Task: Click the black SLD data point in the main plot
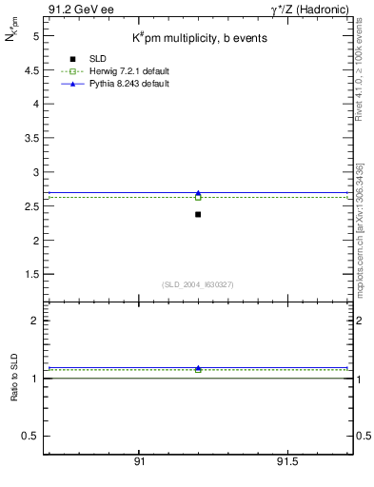coord(198,214)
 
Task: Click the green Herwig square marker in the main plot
coord(198,197)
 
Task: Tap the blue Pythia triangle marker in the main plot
coord(198,193)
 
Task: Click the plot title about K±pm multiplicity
coord(199,38)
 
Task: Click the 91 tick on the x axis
coord(140,461)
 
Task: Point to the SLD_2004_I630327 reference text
coord(198,284)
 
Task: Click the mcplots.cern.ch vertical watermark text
coord(364,228)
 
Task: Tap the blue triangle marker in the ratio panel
coord(198,368)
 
